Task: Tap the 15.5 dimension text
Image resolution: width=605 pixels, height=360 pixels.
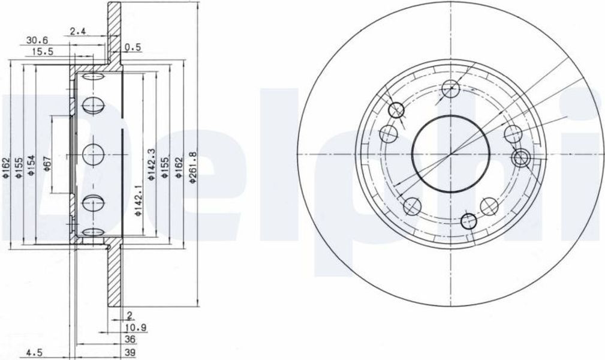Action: click(43, 51)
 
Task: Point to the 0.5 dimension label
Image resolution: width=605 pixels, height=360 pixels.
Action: click(133, 47)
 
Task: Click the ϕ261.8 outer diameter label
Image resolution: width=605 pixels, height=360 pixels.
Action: click(192, 166)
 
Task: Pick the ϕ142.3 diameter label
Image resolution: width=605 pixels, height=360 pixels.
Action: click(152, 164)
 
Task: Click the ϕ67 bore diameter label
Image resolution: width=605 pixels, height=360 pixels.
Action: click(47, 163)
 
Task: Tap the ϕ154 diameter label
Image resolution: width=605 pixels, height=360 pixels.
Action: click(32, 166)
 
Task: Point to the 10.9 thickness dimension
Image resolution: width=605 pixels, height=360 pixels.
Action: click(136, 328)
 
